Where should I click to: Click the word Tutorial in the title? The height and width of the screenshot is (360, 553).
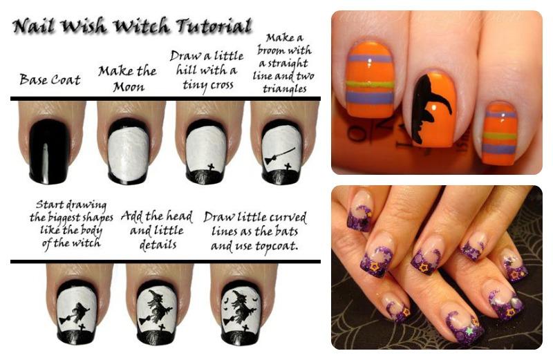pyautogui.click(x=214, y=27)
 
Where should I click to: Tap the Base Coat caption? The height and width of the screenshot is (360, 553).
pyautogui.click(x=50, y=79)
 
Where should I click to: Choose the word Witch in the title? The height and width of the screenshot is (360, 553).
pyautogui.click(x=143, y=27)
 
